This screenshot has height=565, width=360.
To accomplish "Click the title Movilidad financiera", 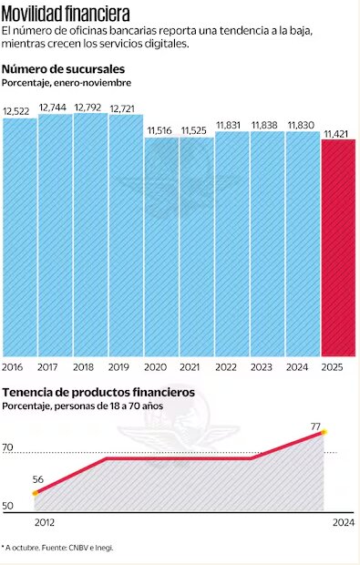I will (66, 15).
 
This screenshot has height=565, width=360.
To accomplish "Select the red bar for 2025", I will (338, 247).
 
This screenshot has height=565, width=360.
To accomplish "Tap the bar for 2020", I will (160, 246).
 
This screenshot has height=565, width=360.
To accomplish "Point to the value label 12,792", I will (89, 107).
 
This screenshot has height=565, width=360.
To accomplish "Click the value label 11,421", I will (338, 133).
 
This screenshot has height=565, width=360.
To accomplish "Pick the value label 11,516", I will (160, 131).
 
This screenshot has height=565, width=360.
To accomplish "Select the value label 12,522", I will (18, 111).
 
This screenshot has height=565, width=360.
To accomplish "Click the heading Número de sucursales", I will (64, 69).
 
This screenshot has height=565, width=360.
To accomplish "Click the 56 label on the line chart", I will (37, 479).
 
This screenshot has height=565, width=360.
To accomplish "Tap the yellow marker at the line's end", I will (324, 432).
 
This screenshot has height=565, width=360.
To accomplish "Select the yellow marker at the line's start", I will (36, 493).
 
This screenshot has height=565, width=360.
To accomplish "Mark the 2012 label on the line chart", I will (45, 522).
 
